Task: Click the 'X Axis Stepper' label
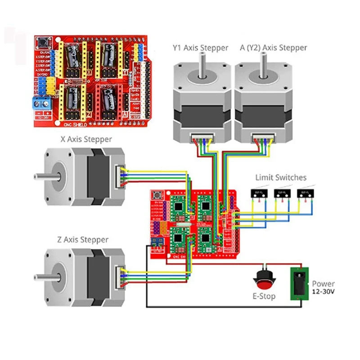click(x=86, y=139)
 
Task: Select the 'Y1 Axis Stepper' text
click(x=200, y=48)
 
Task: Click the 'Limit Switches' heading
click(x=281, y=177)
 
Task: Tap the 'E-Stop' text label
click(x=264, y=296)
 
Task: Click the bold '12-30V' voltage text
click(x=323, y=292)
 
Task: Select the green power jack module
click(x=297, y=283)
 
